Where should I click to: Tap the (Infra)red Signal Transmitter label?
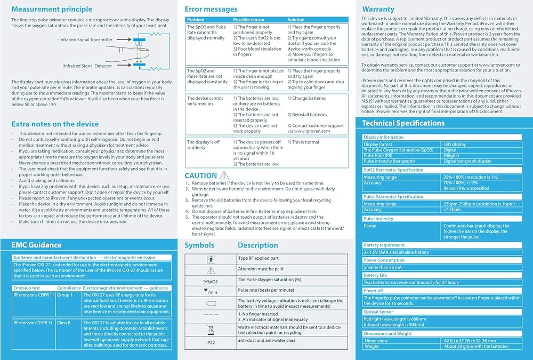(85, 39)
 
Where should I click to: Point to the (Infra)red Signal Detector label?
(87, 66)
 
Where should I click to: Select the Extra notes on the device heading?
(55, 124)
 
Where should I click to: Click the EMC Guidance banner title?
(36, 245)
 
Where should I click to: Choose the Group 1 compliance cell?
(64, 294)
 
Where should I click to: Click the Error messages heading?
(211, 9)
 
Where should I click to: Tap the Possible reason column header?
(249, 20)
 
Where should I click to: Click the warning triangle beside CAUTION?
(224, 175)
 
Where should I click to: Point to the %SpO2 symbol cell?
(211, 281)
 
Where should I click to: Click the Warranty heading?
(378, 9)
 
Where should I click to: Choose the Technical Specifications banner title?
(403, 123)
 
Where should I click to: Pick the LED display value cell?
(455, 144)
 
